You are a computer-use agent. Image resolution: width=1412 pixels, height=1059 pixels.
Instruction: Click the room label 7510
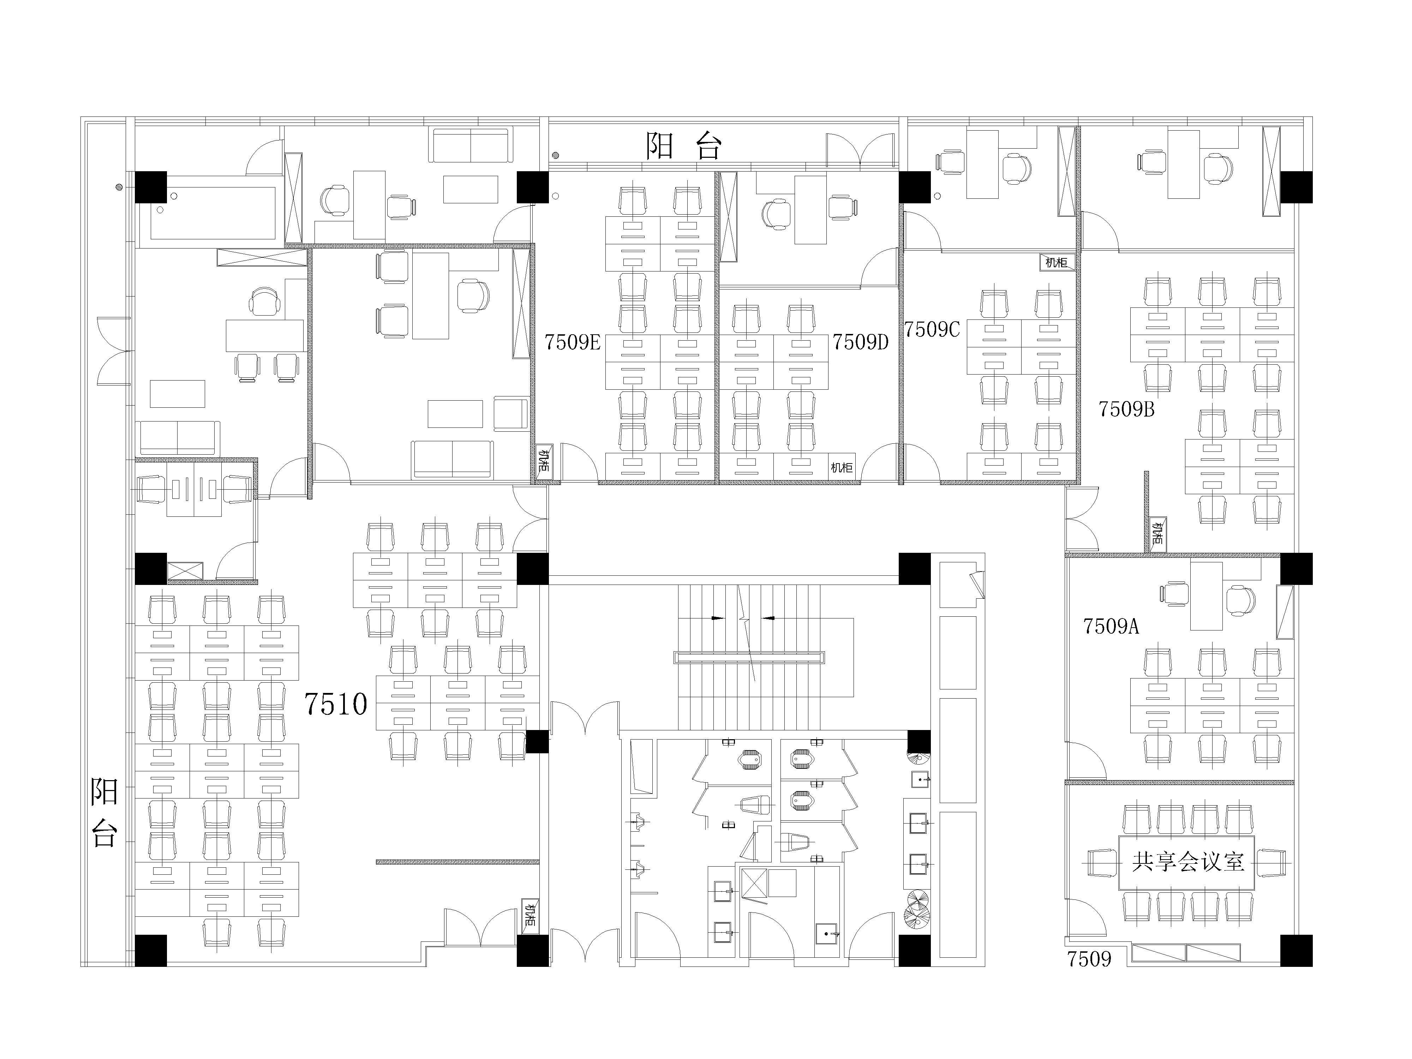coord(336,704)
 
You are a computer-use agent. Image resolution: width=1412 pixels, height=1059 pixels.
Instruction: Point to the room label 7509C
coord(932,329)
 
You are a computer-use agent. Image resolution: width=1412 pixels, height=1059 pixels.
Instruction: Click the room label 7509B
coord(1127,408)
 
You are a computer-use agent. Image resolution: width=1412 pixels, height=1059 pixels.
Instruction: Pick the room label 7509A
coord(1111,626)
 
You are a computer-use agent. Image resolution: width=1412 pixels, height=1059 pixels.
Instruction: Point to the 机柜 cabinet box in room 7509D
coord(841,467)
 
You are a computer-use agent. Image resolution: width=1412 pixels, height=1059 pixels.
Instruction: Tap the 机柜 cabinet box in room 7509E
coord(543,461)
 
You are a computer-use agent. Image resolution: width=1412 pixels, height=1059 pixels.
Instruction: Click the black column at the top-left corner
coord(151,187)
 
